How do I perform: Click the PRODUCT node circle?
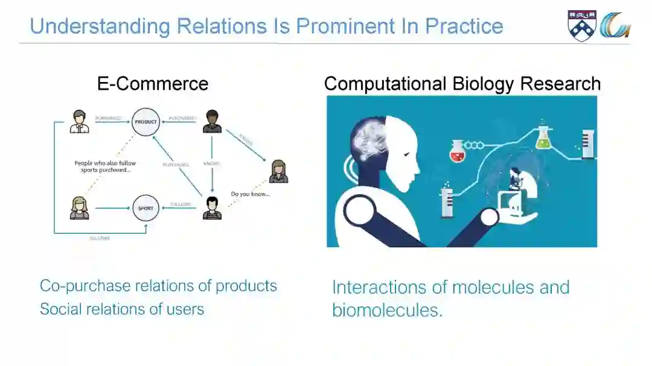145,121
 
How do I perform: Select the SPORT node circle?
145,208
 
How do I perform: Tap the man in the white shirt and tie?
79,121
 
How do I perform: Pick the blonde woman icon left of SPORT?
79,208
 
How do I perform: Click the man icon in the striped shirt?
212,208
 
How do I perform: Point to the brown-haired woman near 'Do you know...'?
278,171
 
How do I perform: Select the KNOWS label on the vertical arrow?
212,163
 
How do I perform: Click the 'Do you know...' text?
251,194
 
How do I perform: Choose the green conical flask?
543,139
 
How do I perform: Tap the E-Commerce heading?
153,84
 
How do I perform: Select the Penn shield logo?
582,25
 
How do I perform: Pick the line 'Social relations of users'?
122,309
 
